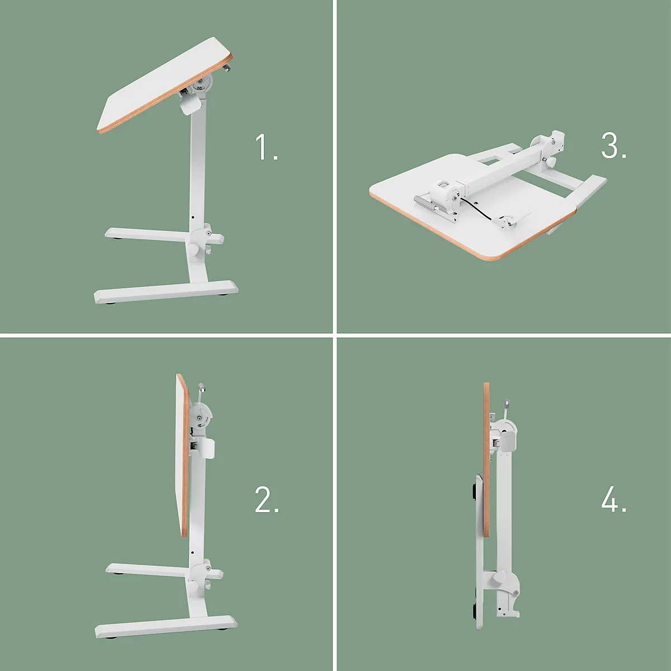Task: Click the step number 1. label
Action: pos(267,147)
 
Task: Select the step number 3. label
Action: pos(613,146)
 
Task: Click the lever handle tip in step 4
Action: pos(506,403)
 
